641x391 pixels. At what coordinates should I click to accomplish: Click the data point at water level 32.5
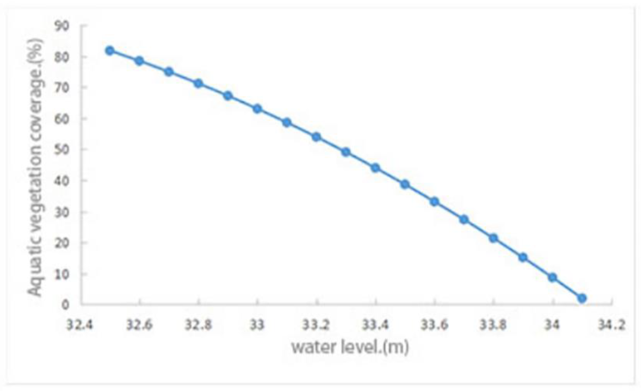pos(110,51)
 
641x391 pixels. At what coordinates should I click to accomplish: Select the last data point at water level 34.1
pos(582,298)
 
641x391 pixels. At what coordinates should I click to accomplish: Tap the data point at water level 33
pos(257,109)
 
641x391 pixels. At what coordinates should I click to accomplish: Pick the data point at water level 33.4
pos(375,168)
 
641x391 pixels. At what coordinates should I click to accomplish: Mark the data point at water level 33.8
pos(493,238)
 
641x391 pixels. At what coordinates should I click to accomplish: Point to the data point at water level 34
pos(553,277)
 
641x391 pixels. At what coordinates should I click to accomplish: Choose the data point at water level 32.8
pos(198,84)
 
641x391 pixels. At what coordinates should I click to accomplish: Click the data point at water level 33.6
pos(434,202)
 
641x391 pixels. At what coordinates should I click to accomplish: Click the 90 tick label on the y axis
pos(62,26)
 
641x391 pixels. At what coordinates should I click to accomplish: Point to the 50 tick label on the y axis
pos(62,150)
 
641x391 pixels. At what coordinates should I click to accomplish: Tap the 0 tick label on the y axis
pos(65,305)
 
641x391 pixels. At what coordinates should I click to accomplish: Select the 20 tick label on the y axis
pos(62,243)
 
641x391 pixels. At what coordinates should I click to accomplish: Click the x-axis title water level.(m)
pos(350,348)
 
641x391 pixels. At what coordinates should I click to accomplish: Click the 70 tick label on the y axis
pos(62,88)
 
